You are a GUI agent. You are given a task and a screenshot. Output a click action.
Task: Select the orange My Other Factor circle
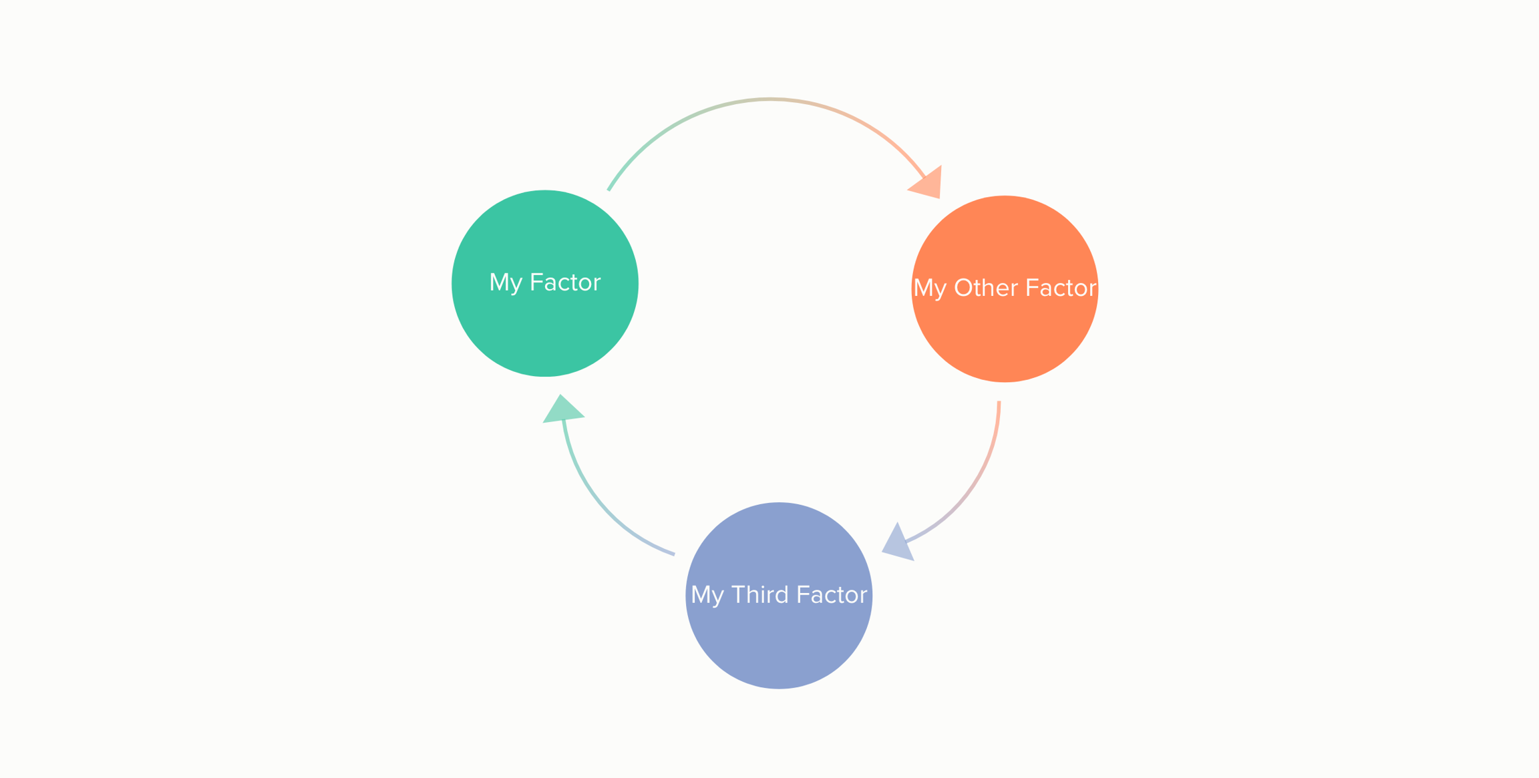point(1005,334)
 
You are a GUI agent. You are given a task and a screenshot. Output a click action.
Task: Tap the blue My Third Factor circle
point(778,641)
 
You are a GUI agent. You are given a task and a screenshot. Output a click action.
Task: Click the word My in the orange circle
point(930,288)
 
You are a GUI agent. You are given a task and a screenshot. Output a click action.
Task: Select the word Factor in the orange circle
point(1061,288)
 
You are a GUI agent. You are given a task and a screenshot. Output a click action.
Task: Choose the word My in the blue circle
point(707,595)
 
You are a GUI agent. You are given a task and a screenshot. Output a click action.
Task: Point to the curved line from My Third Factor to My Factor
point(594,501)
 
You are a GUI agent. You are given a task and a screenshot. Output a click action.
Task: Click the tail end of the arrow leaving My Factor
point(609,189)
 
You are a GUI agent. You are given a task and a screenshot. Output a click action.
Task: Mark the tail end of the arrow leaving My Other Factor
point(999,403)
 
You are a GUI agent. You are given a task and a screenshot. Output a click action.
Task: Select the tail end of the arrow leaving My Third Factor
point(673,554)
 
